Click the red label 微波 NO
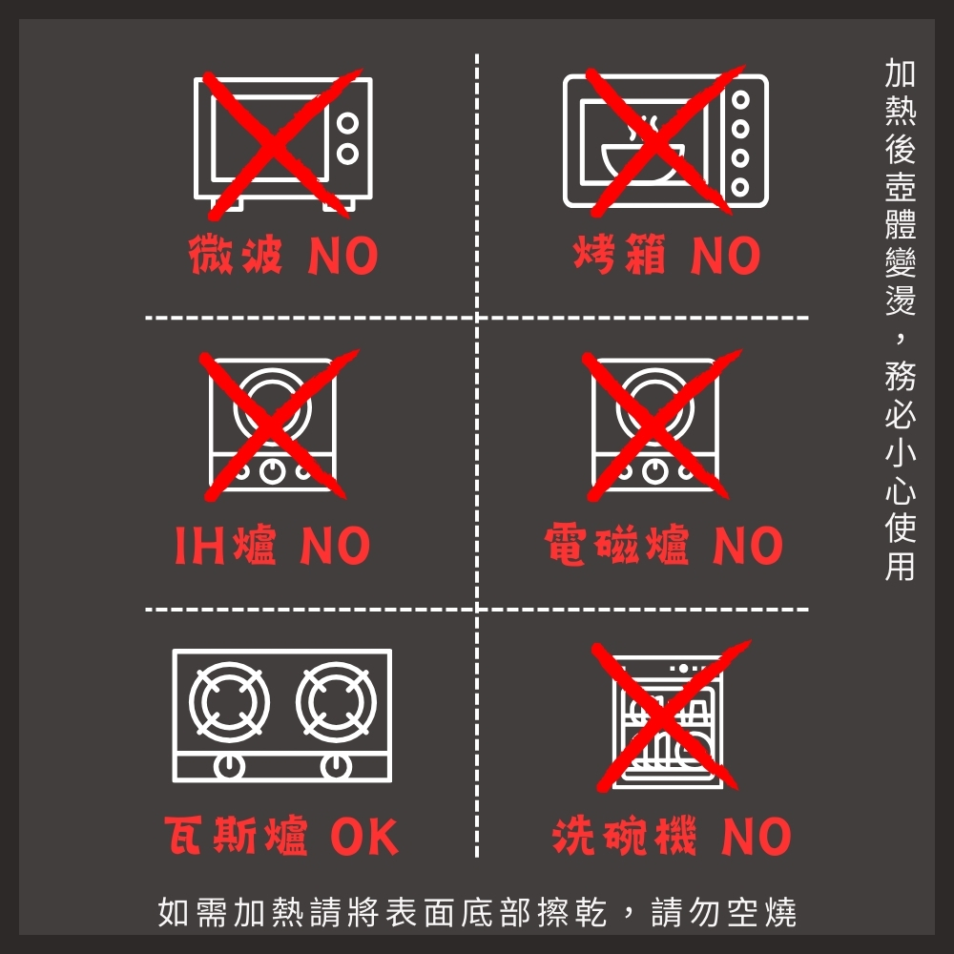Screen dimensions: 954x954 [x=283, y=256]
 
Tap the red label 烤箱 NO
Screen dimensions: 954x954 [x=667, y=256]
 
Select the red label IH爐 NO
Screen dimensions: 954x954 [x=273, y=545]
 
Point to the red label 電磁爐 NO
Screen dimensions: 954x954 [x=664, y=545]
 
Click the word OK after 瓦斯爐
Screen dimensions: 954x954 [x=364, y=837]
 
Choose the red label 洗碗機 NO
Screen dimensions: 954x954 [x=672, y=836]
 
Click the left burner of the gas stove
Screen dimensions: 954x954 [x=229, y=701]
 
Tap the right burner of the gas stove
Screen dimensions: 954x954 [x=337, y=701]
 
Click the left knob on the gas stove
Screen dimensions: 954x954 [x=229, y=766]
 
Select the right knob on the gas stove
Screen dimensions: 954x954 [x=337, y=766]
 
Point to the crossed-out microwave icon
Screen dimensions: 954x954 [x=282, y=145]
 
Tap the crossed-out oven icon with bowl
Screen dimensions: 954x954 [x=666, y=141]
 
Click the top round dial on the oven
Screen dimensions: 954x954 [x=740, y=100]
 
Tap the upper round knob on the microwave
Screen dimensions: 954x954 [x=347, y=123]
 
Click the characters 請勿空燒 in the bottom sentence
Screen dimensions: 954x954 [x=724, y=912]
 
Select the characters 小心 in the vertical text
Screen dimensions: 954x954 [x=901, y=471]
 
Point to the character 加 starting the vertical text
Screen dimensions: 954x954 [x=901, y=73]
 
